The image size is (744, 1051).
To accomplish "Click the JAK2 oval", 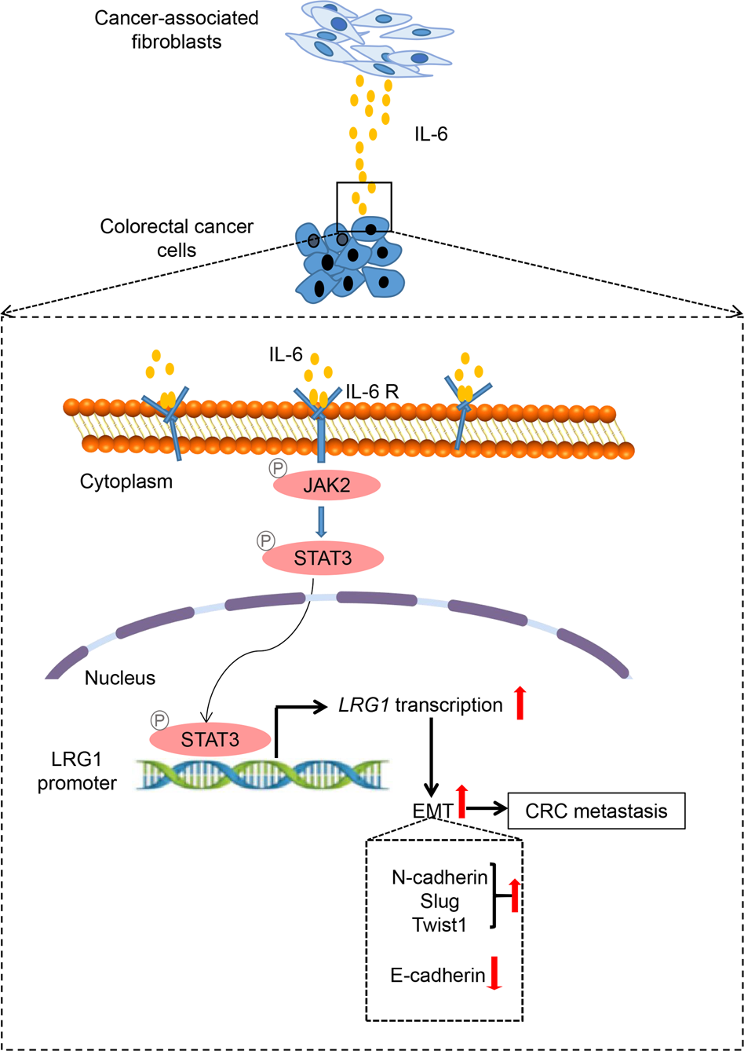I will point(326,485).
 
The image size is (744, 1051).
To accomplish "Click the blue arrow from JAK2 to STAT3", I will point(326,520).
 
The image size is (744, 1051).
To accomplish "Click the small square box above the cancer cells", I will point(363,206).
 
